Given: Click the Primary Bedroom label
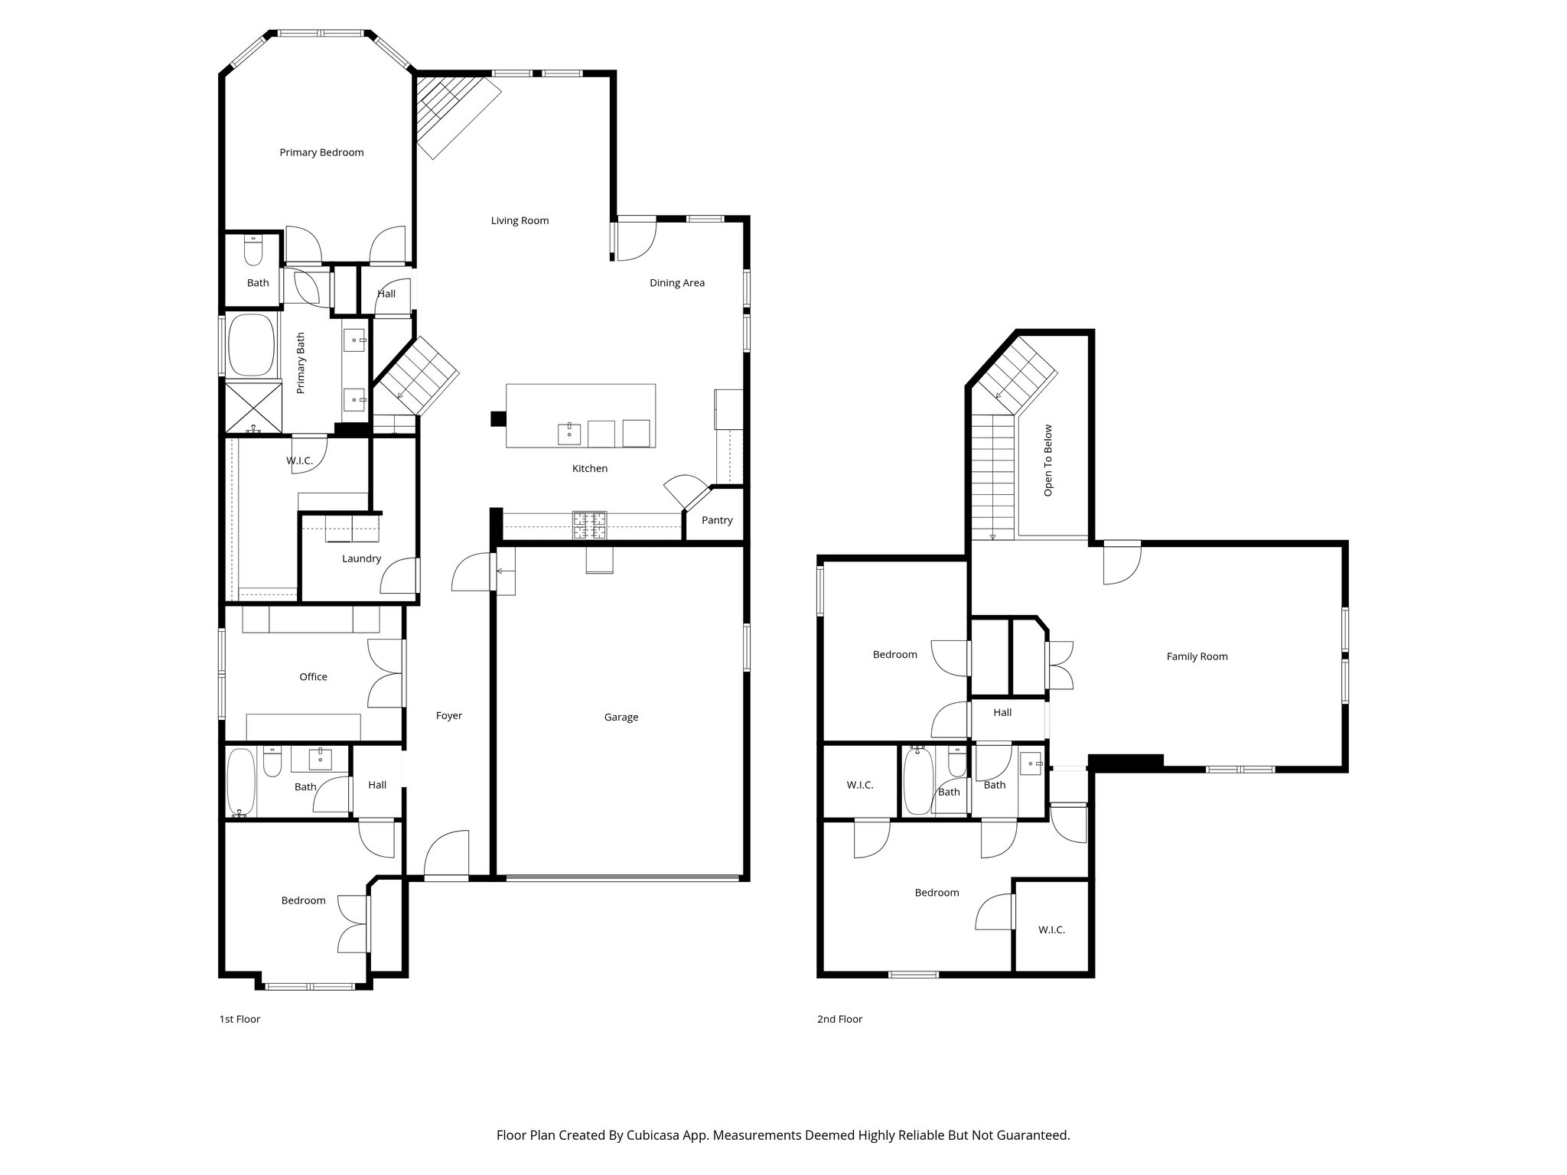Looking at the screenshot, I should (321, 152).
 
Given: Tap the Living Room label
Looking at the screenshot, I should (520, 220).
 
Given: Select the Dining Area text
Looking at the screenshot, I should (677, 282).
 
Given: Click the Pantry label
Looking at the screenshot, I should (717, 520).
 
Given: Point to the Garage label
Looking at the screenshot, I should (621, 717).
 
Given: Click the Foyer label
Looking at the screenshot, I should (449, 715).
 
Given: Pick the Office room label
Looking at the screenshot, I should (313, 676).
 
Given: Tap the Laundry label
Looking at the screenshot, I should (361, 558).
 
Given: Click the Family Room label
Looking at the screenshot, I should (1197, 656).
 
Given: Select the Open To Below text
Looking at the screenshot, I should (1048, 461).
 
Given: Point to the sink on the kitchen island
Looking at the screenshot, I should (569, 433).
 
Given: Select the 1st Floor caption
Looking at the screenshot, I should (239, 1019).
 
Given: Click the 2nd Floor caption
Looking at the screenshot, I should (839, 1019).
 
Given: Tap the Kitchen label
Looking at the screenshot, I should (590, 468).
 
